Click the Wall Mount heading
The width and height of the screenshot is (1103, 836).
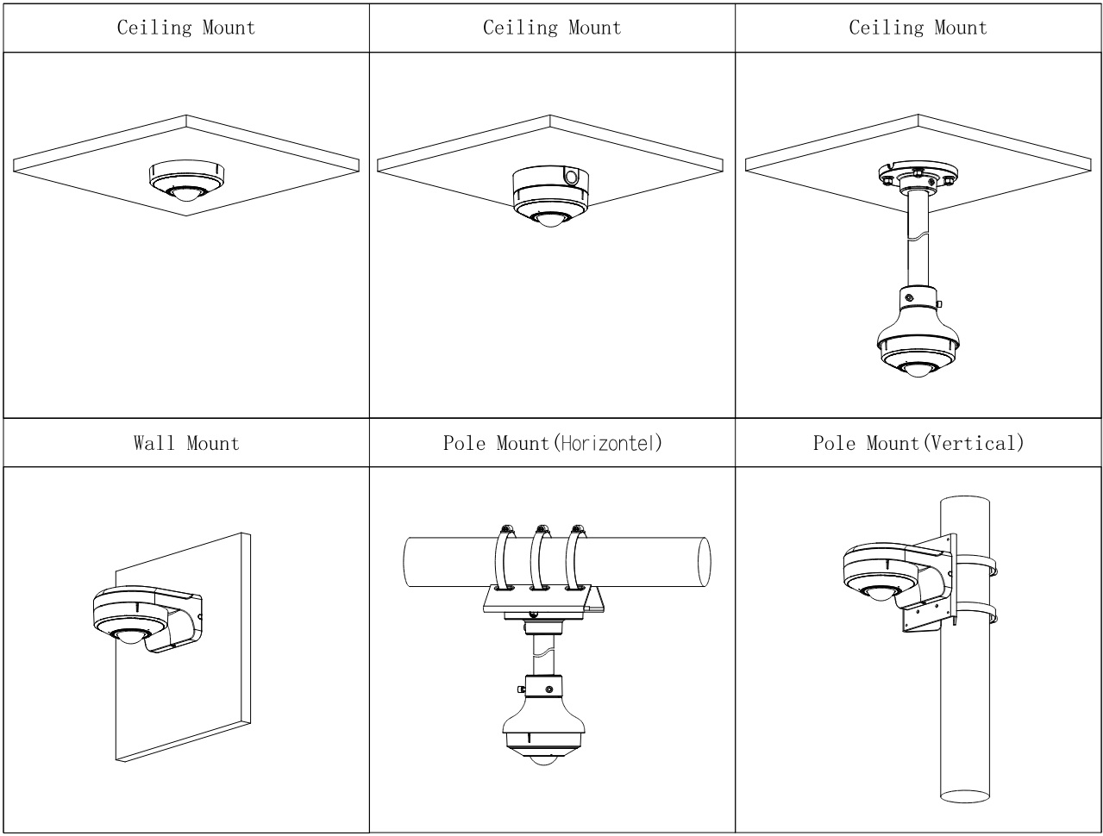pyautogui.click(x=186, y=444)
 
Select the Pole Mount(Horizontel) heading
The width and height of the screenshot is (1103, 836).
pyautogui.click(x=552, y=444)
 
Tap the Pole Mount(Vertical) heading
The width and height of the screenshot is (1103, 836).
pyautogui.click(x=918, y=444)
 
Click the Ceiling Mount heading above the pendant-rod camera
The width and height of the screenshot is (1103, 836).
pyautogui.click(x=918, y=28)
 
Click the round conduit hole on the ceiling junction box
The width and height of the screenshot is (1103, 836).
pyautogui.click(x=571, y=176)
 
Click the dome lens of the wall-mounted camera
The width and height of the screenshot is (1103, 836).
pyautogui.click(x=128, y=637)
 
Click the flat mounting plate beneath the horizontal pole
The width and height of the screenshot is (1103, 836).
pyautogui.click(x=543, y=601)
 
